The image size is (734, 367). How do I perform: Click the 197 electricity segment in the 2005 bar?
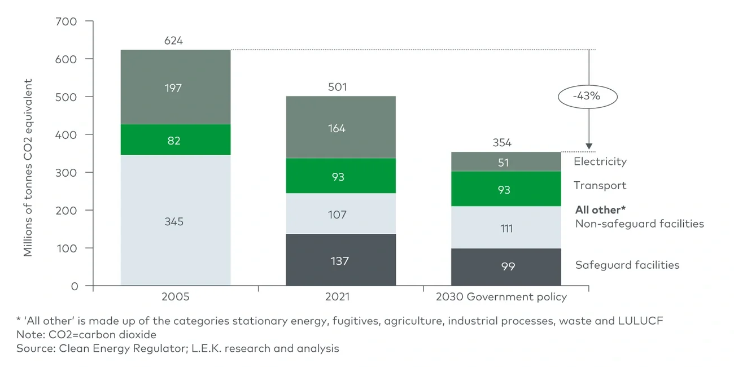click(174, 88)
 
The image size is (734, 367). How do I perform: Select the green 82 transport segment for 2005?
click(174, 140)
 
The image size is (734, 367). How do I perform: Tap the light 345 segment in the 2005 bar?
click(174, 221)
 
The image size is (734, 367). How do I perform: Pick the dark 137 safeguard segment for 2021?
click(340, 261)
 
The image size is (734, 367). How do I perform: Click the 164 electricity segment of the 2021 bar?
click(340, 128)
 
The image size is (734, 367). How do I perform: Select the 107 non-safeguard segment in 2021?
click(340, 215)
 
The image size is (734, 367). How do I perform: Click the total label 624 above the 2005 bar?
click(174, 41)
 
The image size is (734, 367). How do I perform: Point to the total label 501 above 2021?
click(338, 88)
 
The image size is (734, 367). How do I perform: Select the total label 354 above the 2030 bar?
click(502, 143)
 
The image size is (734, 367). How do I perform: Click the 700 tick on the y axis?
click(67, 21)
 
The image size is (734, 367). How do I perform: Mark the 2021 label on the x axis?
click(338, 297)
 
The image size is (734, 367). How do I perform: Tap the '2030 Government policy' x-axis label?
click(502, 297)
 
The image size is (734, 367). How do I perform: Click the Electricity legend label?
click(600, 161)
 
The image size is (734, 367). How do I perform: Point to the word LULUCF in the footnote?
click(641, 321)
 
